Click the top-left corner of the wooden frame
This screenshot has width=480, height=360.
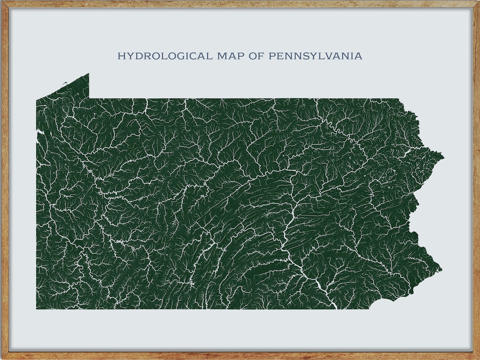tap(2, 2)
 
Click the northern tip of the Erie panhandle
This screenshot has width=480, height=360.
tap(88, 74)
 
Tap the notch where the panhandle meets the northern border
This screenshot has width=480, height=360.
tap(89, 98)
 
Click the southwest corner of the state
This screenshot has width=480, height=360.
tap(37, 309)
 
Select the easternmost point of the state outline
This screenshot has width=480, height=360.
tap(443, 157)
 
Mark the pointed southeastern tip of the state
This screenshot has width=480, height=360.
tap(441, 269)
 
